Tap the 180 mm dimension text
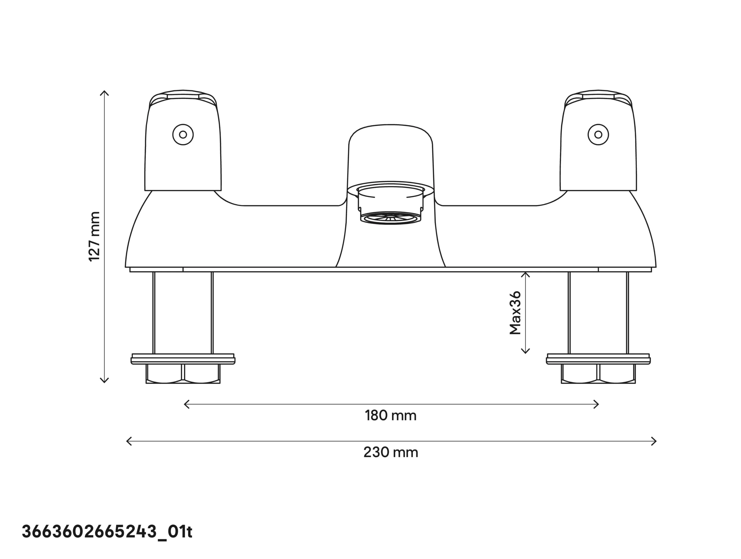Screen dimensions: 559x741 point(390,416)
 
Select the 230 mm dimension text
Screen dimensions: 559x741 point(390,452)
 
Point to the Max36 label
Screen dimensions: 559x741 point(515,312)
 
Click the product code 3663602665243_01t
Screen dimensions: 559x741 point(107,531)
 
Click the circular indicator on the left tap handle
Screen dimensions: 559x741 point(183,135)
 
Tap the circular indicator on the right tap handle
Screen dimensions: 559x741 point(598,135)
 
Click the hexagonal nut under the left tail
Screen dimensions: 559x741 point(183,373)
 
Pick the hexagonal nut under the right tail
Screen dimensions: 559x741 point(598,373)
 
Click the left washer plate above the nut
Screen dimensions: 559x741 point(183,359)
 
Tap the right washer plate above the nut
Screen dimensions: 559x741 point(598,359)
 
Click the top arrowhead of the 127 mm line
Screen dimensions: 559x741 point(104,92)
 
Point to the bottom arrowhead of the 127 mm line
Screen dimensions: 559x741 point(104,381)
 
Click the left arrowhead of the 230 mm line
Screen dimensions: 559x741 point(128,441)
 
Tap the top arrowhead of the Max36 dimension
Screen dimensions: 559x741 point(526,274)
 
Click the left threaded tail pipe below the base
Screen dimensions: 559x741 point(183,313)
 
